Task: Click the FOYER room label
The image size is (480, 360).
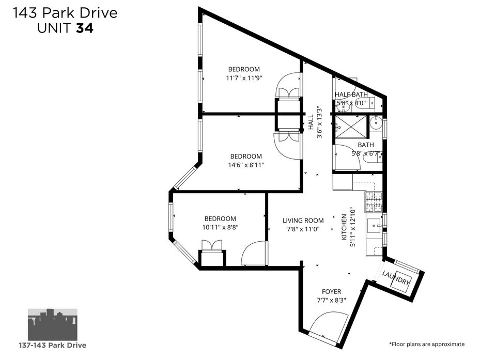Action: pos(331,291)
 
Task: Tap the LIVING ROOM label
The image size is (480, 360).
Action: pos(303,221)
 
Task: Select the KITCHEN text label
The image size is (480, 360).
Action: pos(344,227)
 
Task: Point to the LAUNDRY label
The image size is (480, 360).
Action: pos(396,278)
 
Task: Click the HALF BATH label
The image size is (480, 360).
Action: pos(351,95)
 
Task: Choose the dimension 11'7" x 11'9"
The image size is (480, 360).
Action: pos(244,78)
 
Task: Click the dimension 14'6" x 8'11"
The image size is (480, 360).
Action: pos(246,165)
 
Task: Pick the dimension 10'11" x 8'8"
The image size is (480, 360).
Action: pos(220,227)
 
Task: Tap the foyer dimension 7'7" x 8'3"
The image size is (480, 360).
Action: pos(331,300)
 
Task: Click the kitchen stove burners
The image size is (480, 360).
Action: pos(374,202)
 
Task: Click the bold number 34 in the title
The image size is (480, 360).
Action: pos(85,28)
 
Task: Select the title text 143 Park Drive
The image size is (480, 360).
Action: pos(65,13)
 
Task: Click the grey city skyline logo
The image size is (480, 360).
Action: pos(53,324)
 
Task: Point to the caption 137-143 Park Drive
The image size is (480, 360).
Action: pos(53,346)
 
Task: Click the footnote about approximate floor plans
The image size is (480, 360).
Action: pos(427,344)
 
